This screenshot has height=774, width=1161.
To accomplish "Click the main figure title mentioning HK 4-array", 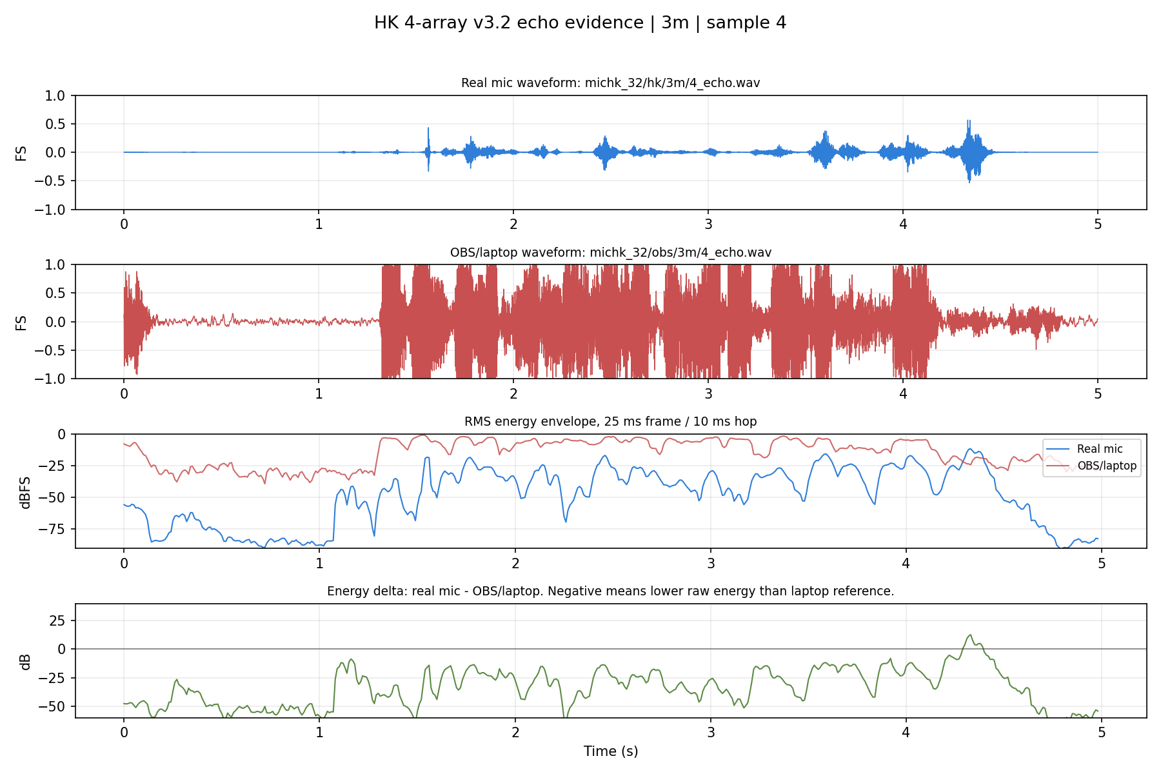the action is tap(580, 23).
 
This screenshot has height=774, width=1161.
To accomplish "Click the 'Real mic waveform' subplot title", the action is tap(611, 83).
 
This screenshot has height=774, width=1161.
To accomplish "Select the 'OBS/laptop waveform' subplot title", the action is tap(611, 252).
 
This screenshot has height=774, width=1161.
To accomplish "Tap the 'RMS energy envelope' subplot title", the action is tap(611, 421).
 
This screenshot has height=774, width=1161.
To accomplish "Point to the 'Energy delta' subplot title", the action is tap(611, 591).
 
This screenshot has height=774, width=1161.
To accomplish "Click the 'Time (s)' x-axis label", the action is tap(611, 751).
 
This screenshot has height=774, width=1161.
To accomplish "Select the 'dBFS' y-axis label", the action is tap(25, 492).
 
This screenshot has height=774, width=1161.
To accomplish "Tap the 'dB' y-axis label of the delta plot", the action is tap(25, 661).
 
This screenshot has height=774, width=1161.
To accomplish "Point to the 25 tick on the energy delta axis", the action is tap(59, 620).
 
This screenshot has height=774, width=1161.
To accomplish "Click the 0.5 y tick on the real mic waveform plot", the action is tap(57, 124).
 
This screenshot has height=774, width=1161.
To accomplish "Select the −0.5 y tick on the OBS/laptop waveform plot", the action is tap(52, 350).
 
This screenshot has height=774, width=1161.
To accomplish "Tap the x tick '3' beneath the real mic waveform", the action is tap(708, 224).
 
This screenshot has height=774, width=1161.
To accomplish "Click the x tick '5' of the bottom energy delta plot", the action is tap(1102, 732).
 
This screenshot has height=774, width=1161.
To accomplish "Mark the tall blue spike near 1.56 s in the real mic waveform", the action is tap(428, 149).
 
